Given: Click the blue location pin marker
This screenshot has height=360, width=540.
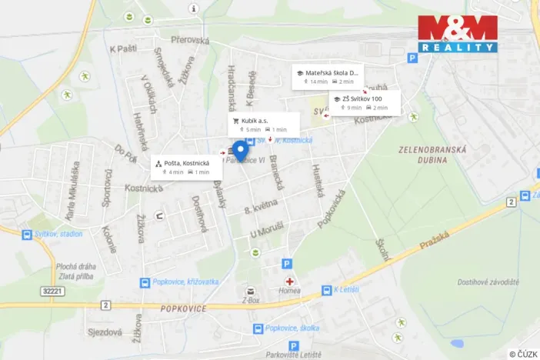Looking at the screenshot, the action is point(240,150).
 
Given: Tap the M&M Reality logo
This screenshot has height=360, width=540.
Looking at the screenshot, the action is point(457,32).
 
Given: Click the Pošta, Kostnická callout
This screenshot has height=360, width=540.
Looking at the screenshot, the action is point(182,167).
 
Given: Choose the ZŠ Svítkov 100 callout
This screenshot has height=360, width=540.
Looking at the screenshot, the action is point(364,103).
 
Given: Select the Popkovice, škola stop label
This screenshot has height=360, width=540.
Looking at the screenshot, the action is point(292,328).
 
